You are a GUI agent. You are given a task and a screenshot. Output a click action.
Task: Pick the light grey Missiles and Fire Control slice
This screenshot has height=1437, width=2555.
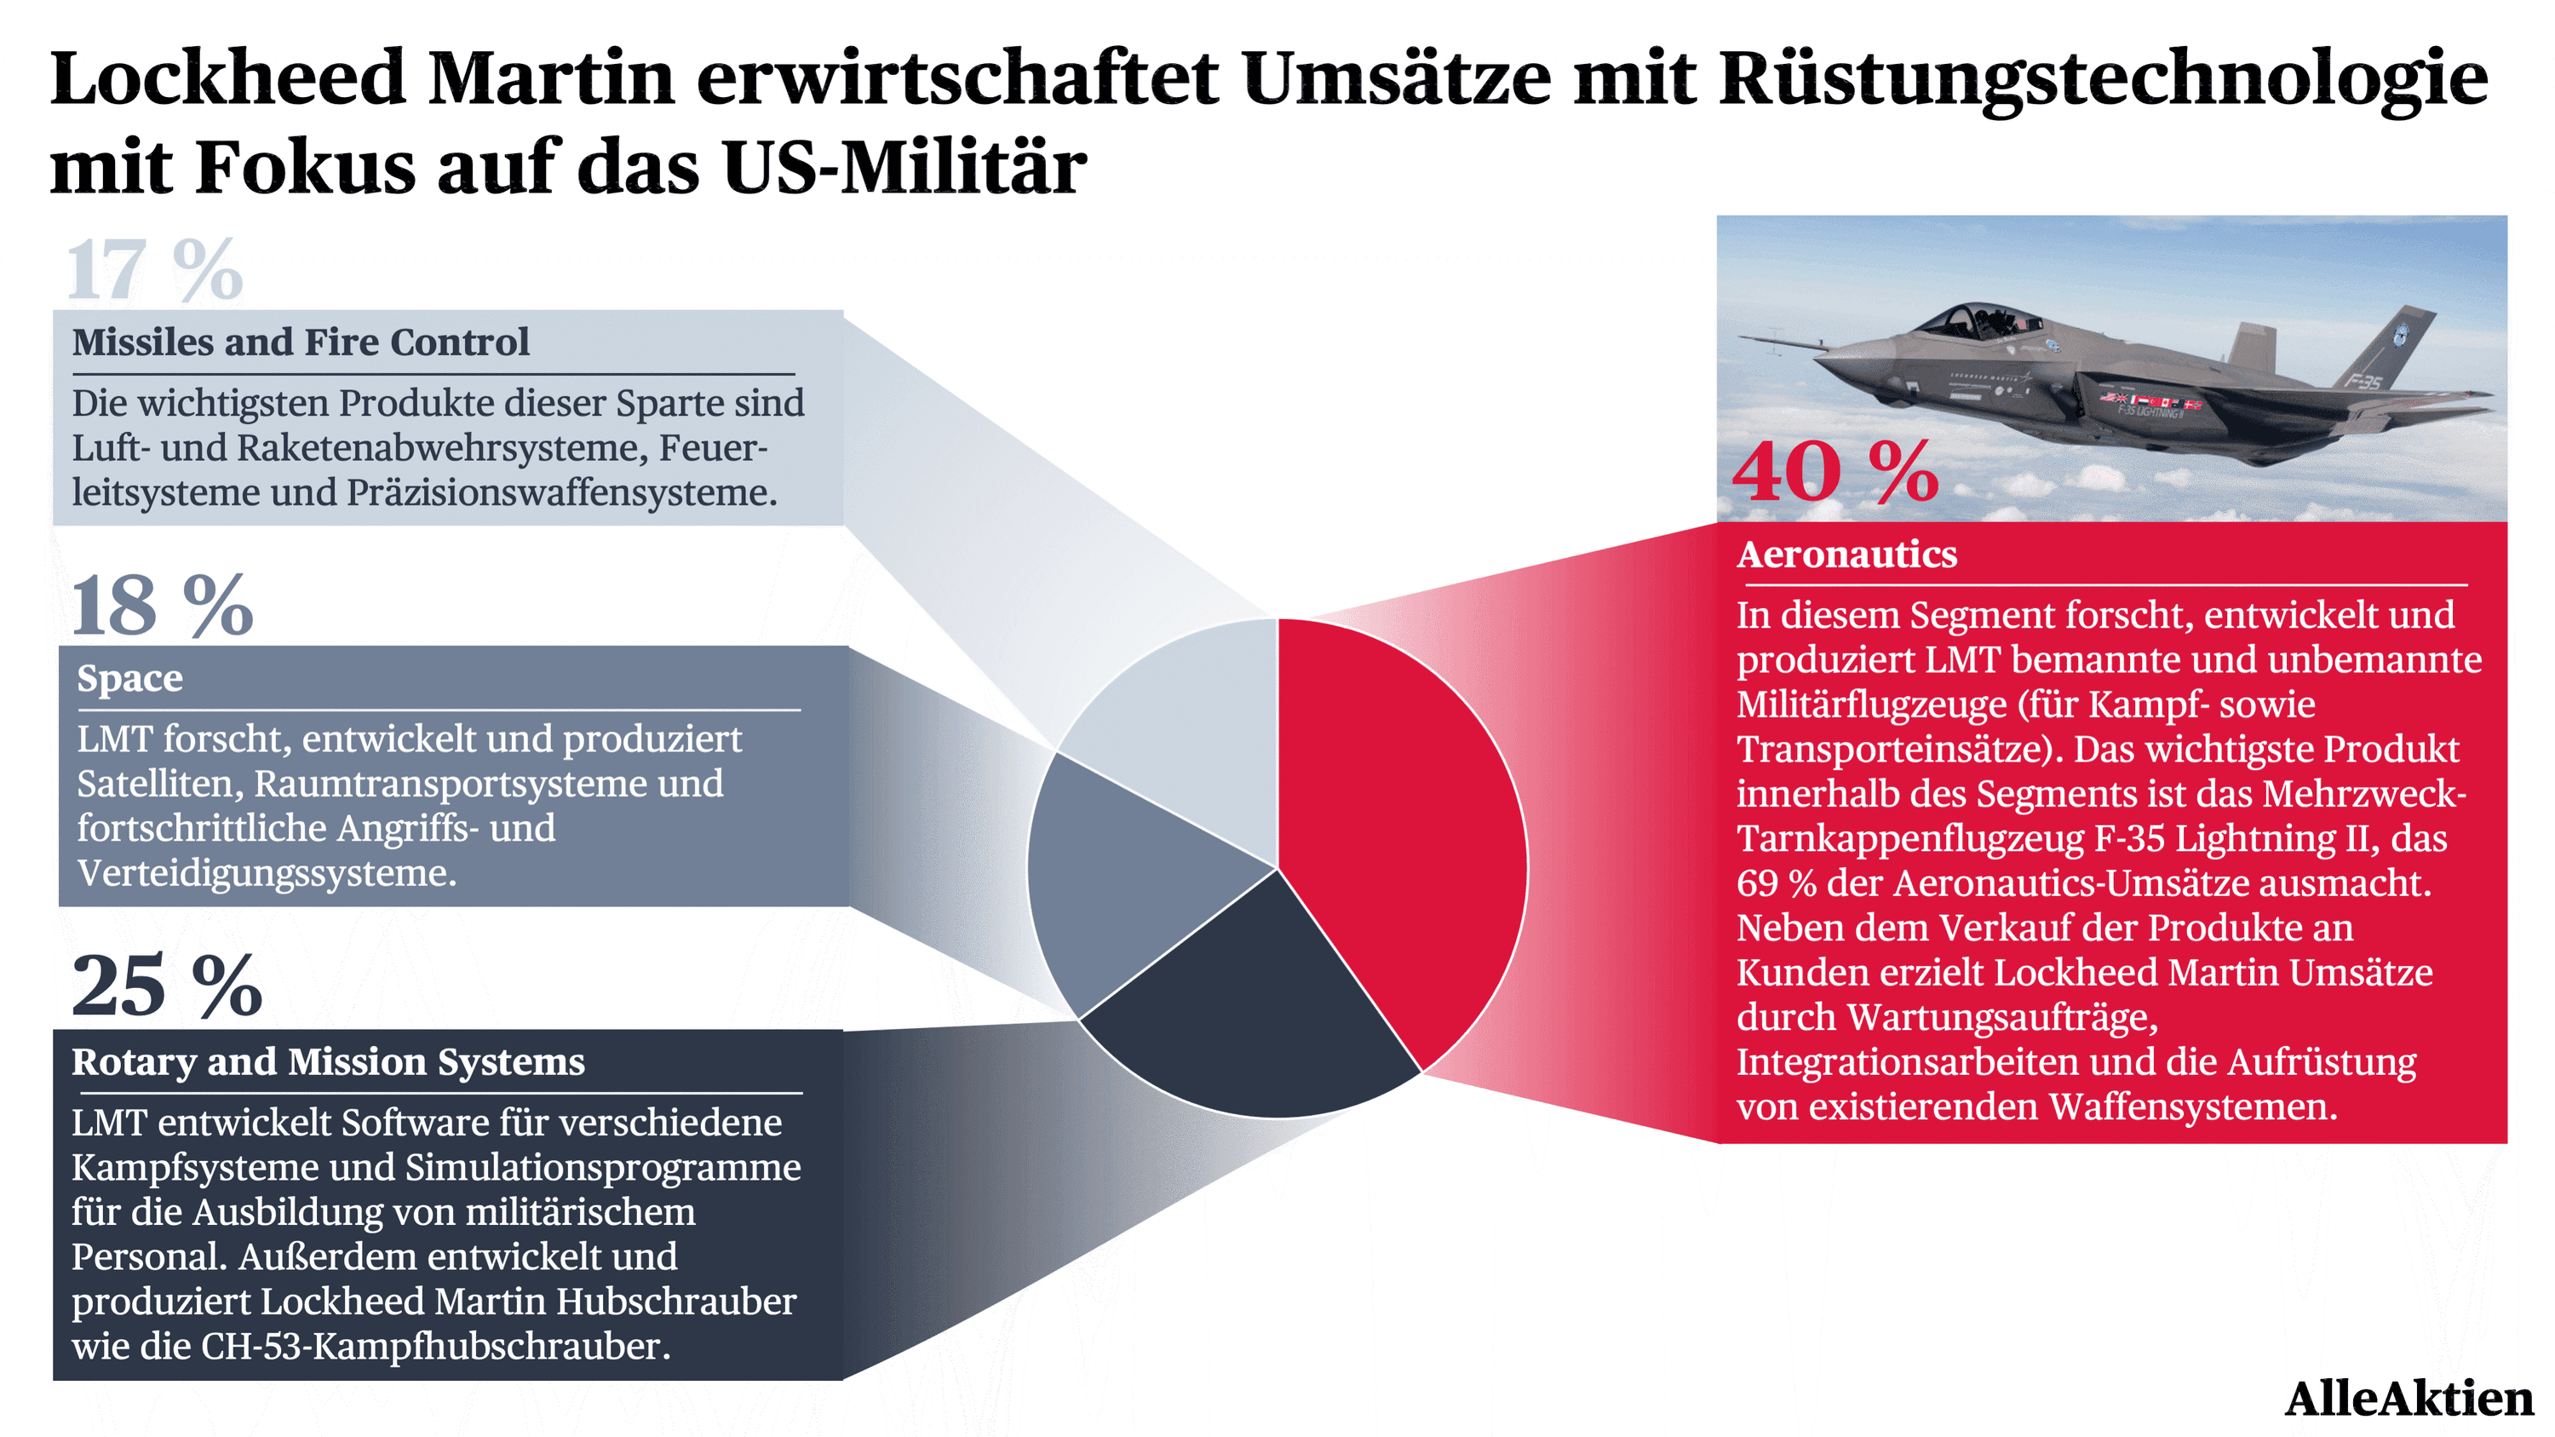point(1191,724)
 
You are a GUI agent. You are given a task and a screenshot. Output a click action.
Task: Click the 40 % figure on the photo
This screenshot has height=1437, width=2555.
point(1836,472)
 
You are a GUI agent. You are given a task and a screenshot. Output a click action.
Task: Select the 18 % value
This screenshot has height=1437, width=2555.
point(163,605)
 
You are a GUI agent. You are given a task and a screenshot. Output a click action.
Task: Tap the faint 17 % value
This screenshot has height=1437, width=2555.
point(155,269)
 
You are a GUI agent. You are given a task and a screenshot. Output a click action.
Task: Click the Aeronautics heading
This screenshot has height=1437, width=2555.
point(1846,555)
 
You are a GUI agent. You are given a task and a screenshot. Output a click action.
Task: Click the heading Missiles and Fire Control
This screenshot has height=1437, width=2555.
point(301,342)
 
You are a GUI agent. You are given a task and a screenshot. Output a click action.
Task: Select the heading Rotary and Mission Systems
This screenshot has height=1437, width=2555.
point(328,1062)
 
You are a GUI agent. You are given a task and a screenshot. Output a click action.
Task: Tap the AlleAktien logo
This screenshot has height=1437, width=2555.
point(2409,1399)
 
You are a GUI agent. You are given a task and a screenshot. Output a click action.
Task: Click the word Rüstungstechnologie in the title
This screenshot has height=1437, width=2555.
point(2103,79)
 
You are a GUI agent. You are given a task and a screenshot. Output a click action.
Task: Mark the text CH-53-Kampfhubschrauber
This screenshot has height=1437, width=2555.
point(435,1347)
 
